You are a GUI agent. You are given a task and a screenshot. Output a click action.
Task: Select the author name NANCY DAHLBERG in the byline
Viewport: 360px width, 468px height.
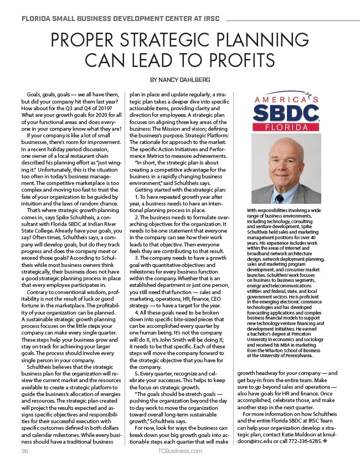pos(188,80)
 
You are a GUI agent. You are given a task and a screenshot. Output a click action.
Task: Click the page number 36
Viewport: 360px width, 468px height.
pos(24,451)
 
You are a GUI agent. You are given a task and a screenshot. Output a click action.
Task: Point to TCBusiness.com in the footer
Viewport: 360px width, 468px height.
pos(180,451)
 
